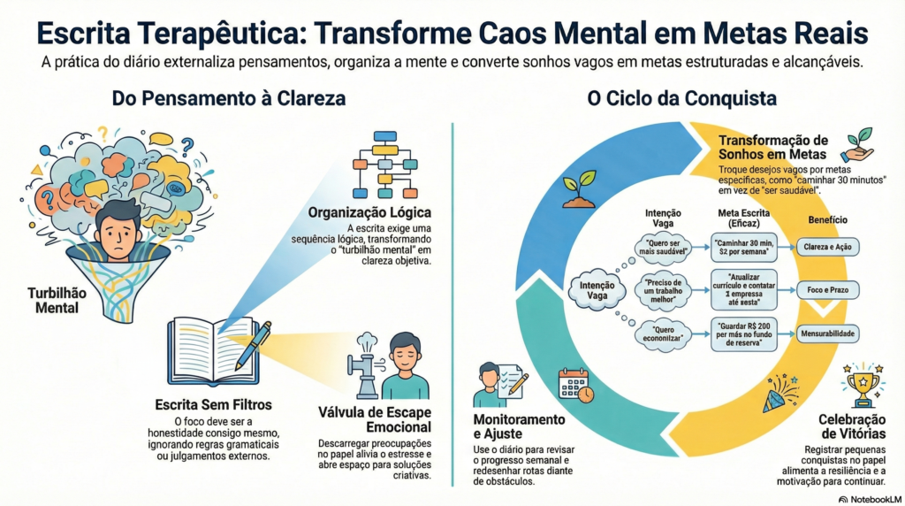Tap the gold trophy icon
862,383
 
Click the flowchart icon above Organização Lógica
386,165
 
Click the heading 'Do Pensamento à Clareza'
228,98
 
